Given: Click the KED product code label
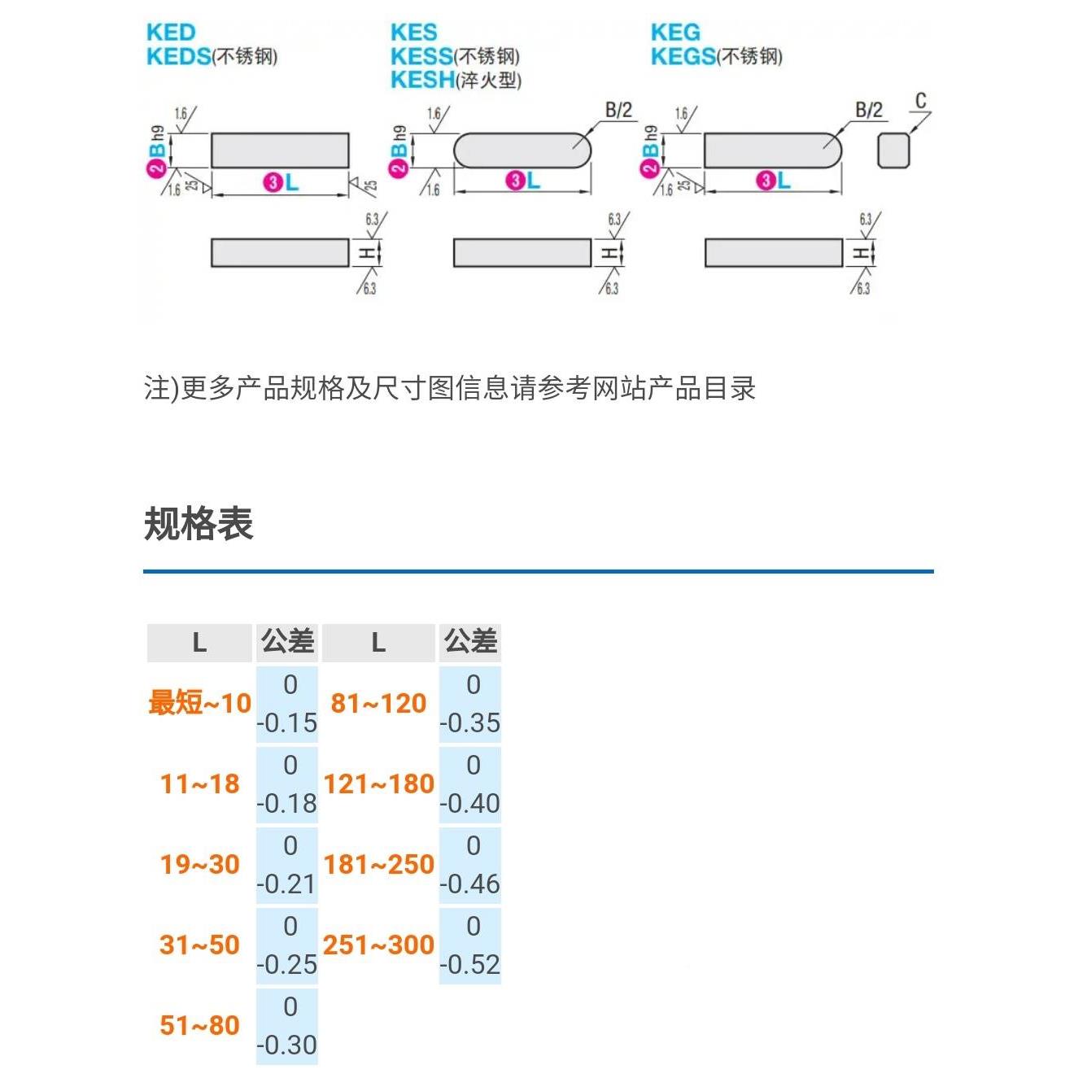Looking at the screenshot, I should coord(171,33).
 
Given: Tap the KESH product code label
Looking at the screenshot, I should coord(422,80).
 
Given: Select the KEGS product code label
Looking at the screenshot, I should coord(683,56).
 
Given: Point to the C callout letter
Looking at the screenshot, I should coord(921,101).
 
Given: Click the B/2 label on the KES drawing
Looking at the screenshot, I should coord(618,110).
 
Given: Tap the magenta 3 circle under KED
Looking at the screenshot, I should coord(272,182).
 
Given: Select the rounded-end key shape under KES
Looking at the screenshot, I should coord(522,151).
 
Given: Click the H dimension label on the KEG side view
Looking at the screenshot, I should coord(861,253).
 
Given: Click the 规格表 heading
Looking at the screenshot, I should coord(199,523).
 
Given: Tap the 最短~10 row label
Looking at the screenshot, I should coord(199,703).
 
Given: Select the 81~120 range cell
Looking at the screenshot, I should coord(378,703).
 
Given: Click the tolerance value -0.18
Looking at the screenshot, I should coord(287,803).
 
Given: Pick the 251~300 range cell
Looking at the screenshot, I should coord(378,945).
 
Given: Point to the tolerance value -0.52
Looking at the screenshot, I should coord(470,964).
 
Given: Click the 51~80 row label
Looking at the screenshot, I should coord(199,1025).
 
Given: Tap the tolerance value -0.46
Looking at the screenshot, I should coord(470,884).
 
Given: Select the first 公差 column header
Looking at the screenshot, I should coord(287,642).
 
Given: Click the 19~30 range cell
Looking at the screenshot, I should coord(199,864).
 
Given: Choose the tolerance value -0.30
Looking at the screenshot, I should coord(287,1045).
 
